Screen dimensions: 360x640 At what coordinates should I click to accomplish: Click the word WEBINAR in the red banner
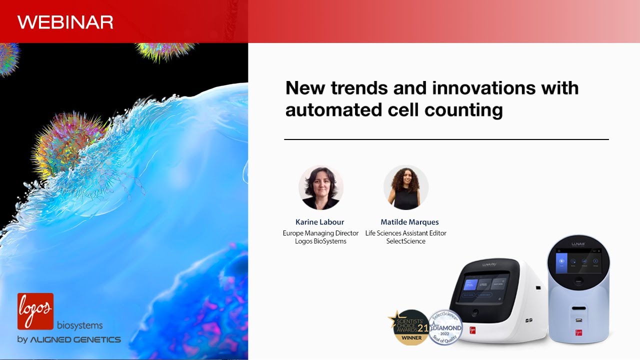tap(65, 22)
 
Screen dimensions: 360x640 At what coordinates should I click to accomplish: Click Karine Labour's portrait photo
tap(320, 187)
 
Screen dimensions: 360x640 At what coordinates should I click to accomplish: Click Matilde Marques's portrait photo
tap(405, 187)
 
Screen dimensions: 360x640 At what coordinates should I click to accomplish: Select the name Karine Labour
tap(320, 222)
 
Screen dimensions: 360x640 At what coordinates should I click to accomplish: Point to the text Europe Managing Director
tap(320, 233)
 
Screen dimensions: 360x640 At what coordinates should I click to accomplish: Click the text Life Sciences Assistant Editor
tap(405, 233)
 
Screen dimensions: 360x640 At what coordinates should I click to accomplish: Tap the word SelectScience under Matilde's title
tap(405, 241)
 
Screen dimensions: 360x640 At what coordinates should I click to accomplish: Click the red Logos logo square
tap(35, 311)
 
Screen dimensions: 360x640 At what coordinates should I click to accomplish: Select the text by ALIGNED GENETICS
tap(69, 339)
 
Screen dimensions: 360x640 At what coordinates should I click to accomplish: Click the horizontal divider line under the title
tap(446, 139)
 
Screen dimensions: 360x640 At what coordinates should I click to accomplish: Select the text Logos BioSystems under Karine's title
tap(320, 241)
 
